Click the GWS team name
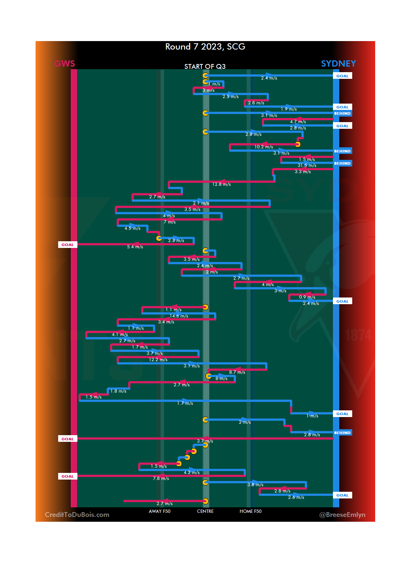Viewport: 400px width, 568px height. pos(64,64)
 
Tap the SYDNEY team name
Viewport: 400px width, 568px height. pos(338,64)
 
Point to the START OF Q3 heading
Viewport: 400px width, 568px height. pos(205,67)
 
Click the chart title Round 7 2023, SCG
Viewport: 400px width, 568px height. pos(205,47)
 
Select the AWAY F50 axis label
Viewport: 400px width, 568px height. pos(160,511)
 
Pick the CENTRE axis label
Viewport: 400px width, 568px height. pos(205,511)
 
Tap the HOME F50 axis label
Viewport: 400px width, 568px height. pos(250,511)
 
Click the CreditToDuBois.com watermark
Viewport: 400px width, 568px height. pos(77,515)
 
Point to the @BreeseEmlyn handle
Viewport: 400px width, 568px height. pos(342,515)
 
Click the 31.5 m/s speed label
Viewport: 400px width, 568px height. pos(307,165)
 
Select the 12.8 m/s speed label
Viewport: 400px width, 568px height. pos(221,184)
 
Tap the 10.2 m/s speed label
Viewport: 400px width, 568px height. pos(264,147)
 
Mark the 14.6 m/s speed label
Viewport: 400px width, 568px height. pos(179,316)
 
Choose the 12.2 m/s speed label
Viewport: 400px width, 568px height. pos(158,360)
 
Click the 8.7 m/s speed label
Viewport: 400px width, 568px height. pos(237,372)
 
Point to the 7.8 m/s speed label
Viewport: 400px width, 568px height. pos(161,478)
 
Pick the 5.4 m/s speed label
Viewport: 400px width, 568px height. pos(135,247)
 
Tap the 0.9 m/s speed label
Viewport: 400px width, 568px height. pos(307,297)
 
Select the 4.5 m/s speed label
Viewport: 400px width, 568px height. pos(133,228)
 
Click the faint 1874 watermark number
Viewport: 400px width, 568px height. pos(358,336)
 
